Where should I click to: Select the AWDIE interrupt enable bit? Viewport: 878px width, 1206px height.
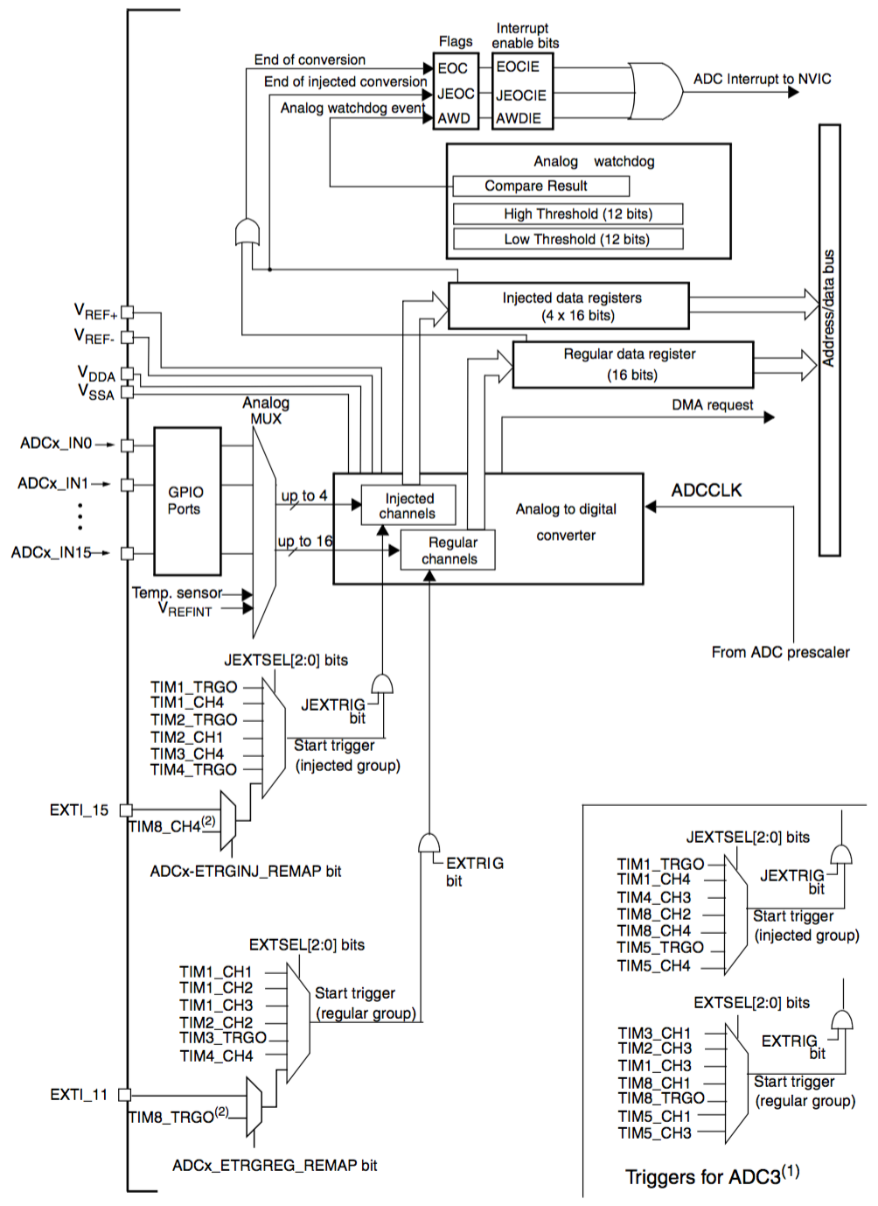click(520, 118)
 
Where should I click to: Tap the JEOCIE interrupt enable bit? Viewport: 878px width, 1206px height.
click(521, 95)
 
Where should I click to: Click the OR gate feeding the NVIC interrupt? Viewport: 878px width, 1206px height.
click(654, 91)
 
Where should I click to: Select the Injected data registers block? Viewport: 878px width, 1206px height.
click(568, 306)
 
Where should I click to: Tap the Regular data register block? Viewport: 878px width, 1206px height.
click(632, 364)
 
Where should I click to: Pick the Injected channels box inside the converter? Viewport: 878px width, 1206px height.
click(408, 506)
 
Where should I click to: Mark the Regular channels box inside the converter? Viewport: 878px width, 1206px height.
click(448, 550)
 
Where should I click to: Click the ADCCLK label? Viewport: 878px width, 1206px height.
click(706, 490)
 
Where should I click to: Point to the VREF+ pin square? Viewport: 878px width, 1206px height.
click(127, 312)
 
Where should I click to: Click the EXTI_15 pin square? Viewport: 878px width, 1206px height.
click(126, 810)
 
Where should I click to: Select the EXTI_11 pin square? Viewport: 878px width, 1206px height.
click(125, 1094)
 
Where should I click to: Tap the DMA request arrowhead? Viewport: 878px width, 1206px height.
click(769, 417)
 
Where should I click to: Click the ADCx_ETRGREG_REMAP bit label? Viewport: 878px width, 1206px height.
click(275, 1165)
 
